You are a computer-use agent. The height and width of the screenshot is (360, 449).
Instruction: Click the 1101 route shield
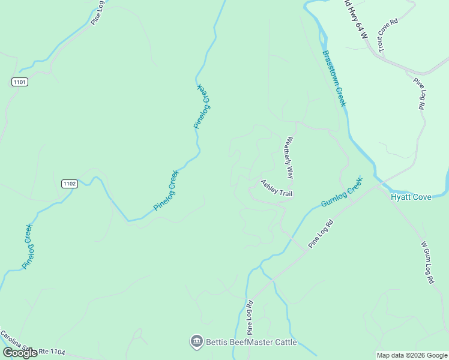click(19, 82)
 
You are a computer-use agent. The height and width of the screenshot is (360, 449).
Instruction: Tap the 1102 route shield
click(69, 184)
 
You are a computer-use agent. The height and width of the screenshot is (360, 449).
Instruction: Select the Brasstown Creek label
click(334, 79)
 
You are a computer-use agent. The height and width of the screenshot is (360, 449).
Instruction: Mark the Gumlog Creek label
click(342, 192)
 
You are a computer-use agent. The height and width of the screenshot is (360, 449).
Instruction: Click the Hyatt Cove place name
click(411, 197)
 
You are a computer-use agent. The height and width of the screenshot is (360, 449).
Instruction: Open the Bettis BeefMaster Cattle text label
click(252, 343)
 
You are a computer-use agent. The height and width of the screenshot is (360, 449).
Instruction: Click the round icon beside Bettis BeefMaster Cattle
click(196, 342)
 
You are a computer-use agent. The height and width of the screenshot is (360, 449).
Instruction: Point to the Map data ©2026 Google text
click(411, 355)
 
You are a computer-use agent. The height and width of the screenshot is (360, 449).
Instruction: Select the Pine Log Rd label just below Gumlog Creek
click(321, 234)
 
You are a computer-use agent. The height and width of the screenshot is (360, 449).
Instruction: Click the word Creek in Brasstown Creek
click(341, 95)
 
